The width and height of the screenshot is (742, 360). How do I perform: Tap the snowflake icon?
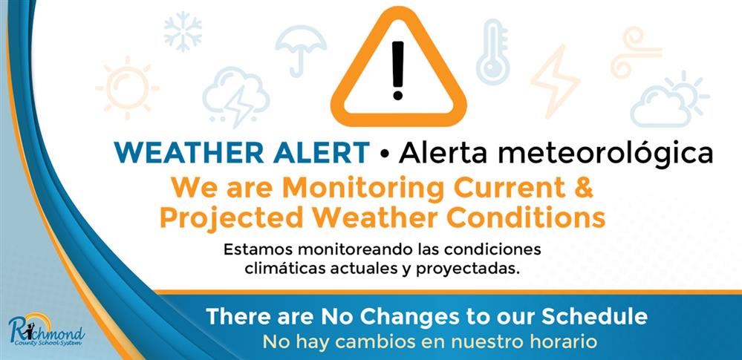(x=183, y=32)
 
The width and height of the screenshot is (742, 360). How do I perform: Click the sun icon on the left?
(x=126, y=88)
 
